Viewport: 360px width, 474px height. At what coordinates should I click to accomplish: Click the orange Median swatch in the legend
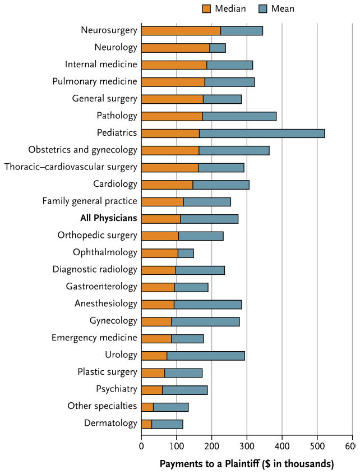pos(206,8)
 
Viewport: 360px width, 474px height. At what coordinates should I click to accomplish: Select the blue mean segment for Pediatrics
pos(262,134)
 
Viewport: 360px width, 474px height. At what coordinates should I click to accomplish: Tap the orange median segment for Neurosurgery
pos(181,31)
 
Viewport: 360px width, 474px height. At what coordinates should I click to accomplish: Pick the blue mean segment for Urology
pos(206,355)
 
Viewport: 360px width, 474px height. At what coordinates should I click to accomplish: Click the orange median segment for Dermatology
pos(146,424)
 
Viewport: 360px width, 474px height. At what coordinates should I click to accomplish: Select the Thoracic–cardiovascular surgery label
pos(71,167)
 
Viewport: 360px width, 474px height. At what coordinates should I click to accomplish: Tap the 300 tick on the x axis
pos(247,447)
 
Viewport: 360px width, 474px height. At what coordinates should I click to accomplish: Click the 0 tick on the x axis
pos(141,447)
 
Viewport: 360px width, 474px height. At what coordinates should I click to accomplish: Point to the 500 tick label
pos(317,447)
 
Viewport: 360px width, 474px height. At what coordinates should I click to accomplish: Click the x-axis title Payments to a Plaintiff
pos(247,464)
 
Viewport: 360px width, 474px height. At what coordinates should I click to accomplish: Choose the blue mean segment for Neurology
pos(218,48)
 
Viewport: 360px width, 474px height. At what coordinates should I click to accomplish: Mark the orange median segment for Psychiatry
pos(152,390)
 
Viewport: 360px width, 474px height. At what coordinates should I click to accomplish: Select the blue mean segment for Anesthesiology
pos(208,304)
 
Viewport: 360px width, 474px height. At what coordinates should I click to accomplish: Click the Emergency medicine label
pos(94,338)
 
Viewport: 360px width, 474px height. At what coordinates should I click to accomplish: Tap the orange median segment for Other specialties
pos(147,407)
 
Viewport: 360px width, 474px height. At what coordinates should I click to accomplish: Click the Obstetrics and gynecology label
pos(82,150)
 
